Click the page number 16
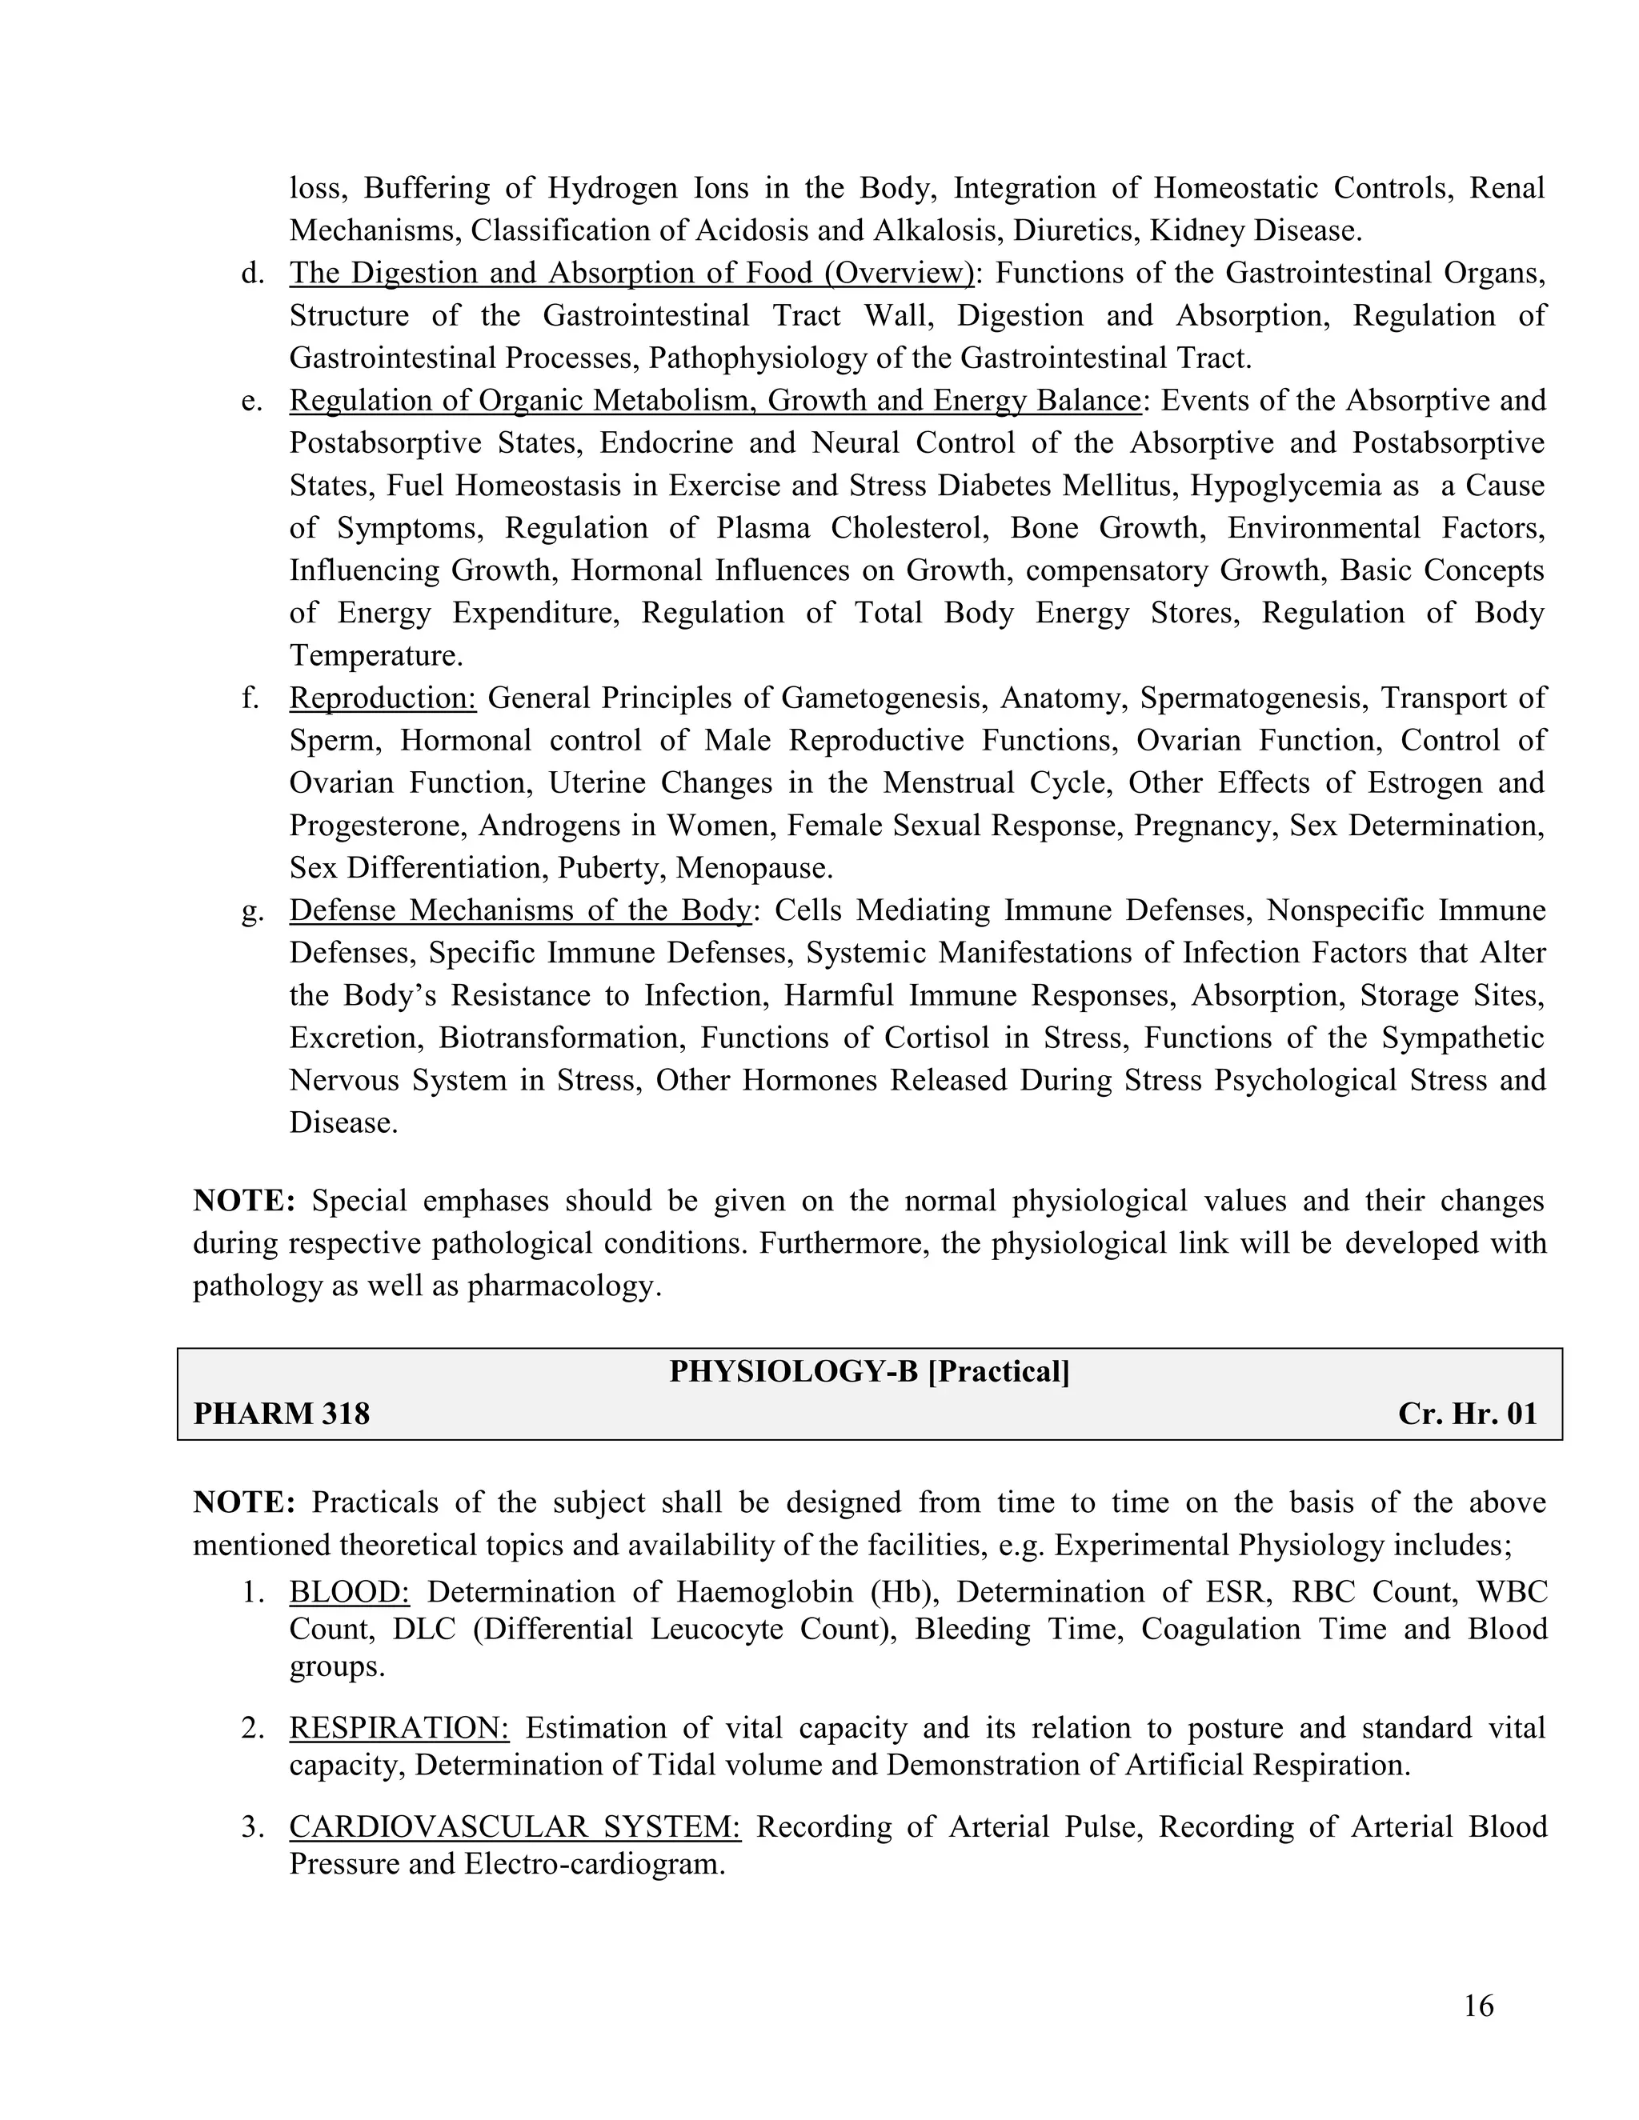point(1478,2006)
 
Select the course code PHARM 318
point(282,1414)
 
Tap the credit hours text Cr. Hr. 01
point(1467,1414)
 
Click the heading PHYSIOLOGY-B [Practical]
point(869,1371)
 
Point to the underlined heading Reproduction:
point(383,698)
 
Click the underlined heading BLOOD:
point(350,1592)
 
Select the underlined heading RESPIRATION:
point(399,1728)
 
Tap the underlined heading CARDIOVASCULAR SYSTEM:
point(515,1827)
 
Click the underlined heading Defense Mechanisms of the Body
point(520,910)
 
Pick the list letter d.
point(252,274)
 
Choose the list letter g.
point(252,910)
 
